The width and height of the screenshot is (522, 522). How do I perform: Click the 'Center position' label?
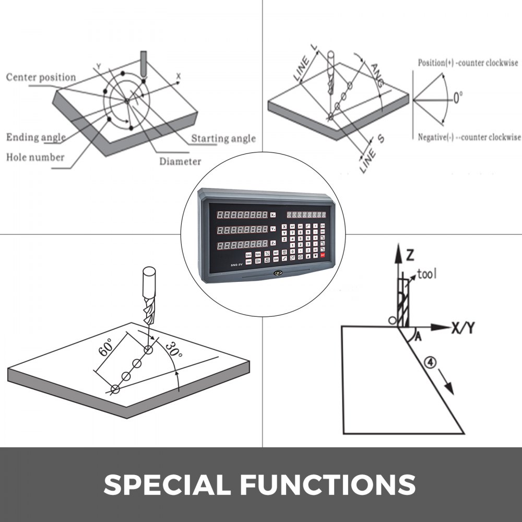pos(41,77)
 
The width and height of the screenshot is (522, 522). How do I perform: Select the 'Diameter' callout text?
pos(180,161)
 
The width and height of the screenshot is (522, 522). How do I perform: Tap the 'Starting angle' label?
pos(223,138)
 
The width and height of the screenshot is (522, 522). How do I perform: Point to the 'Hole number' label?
pos(35,157)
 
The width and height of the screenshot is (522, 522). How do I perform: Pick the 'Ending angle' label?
pos(36,137)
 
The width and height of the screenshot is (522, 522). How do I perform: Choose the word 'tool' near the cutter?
pos(427,274)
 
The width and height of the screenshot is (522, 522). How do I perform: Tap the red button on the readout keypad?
pos(322,255)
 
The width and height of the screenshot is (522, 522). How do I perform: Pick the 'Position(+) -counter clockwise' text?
pos(468,63)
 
